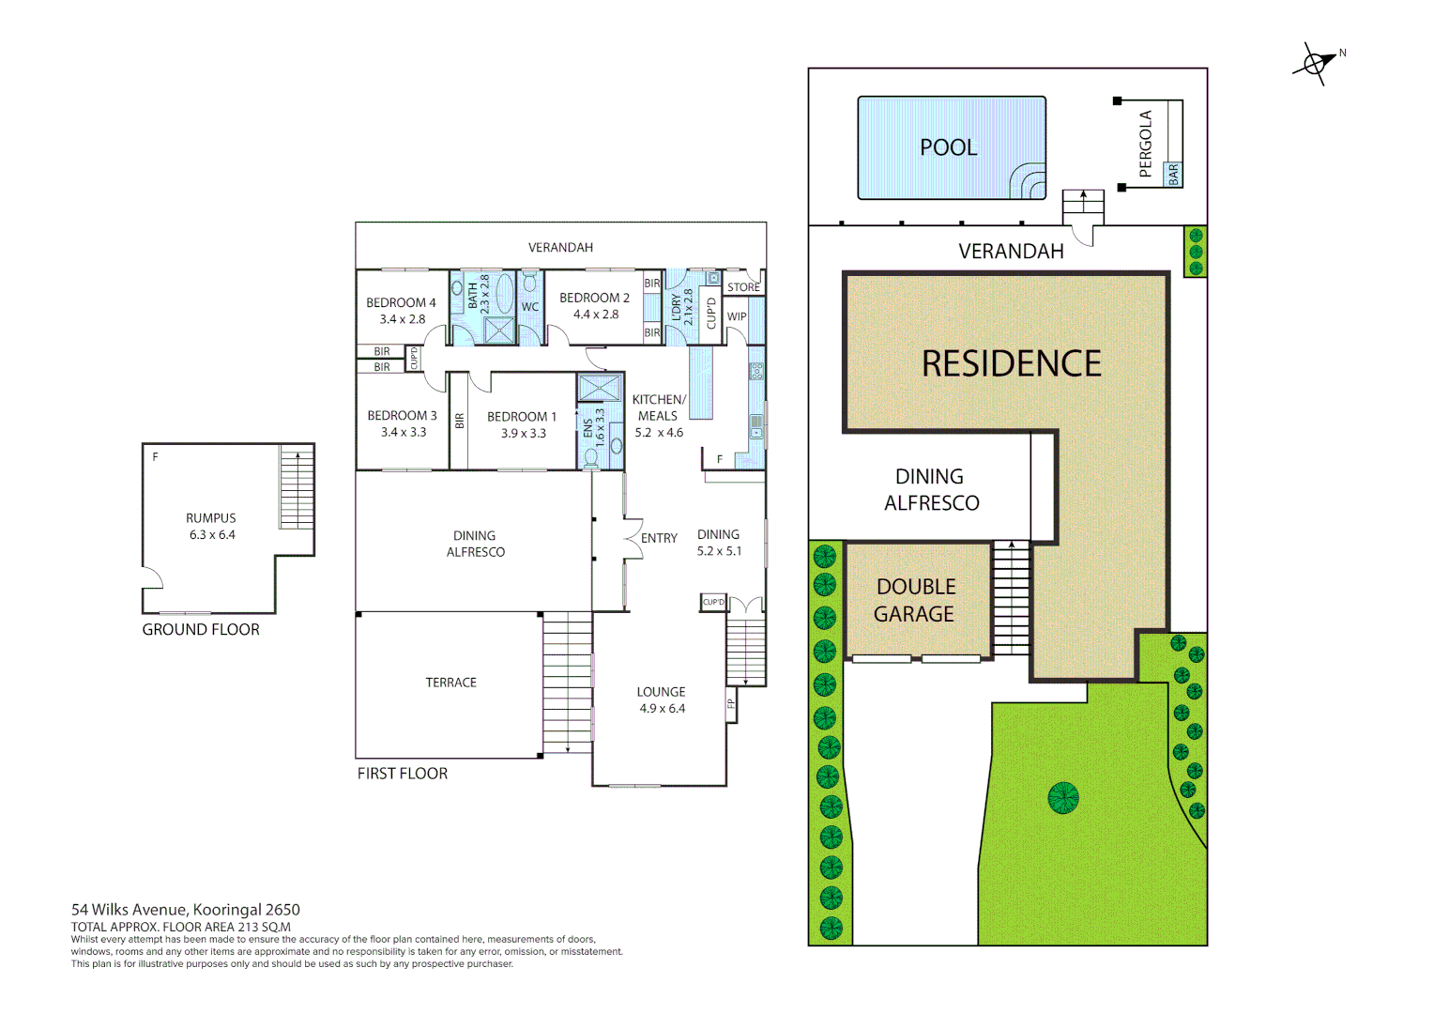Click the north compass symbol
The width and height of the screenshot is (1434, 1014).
click(1316, 64)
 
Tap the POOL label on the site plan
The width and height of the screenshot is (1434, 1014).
click(948, 147)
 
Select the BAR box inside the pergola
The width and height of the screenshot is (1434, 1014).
click(1173, 174)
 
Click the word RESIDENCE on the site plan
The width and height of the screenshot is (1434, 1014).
click(1011, 364)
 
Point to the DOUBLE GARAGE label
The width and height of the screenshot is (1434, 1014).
click(915, 600)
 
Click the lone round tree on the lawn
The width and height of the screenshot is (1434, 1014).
click(1062, 798)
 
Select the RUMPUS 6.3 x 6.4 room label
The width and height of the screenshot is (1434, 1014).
click(211, 526)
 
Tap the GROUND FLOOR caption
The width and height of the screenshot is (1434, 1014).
click(201, 630)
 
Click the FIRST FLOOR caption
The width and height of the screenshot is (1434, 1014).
click(402, 774)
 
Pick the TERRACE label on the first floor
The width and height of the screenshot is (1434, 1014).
click(450, 683)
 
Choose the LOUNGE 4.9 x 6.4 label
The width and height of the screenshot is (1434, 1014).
click(662, 699)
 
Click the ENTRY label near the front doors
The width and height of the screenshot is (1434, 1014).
click(659, 538)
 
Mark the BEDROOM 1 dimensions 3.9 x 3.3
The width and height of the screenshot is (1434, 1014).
click(523, 434)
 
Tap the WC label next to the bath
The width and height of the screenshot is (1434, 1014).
click(530, 307)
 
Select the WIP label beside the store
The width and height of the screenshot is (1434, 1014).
click(737, 316)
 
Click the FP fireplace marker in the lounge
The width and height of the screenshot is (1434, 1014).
click(731, 703)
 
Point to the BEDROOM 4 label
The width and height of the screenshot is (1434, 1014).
click(401, 303)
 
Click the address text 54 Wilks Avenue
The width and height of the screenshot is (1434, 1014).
click(130, 909)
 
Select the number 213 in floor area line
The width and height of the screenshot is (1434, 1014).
click(249, 927)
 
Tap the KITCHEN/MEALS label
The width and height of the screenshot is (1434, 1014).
click(659, 407)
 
